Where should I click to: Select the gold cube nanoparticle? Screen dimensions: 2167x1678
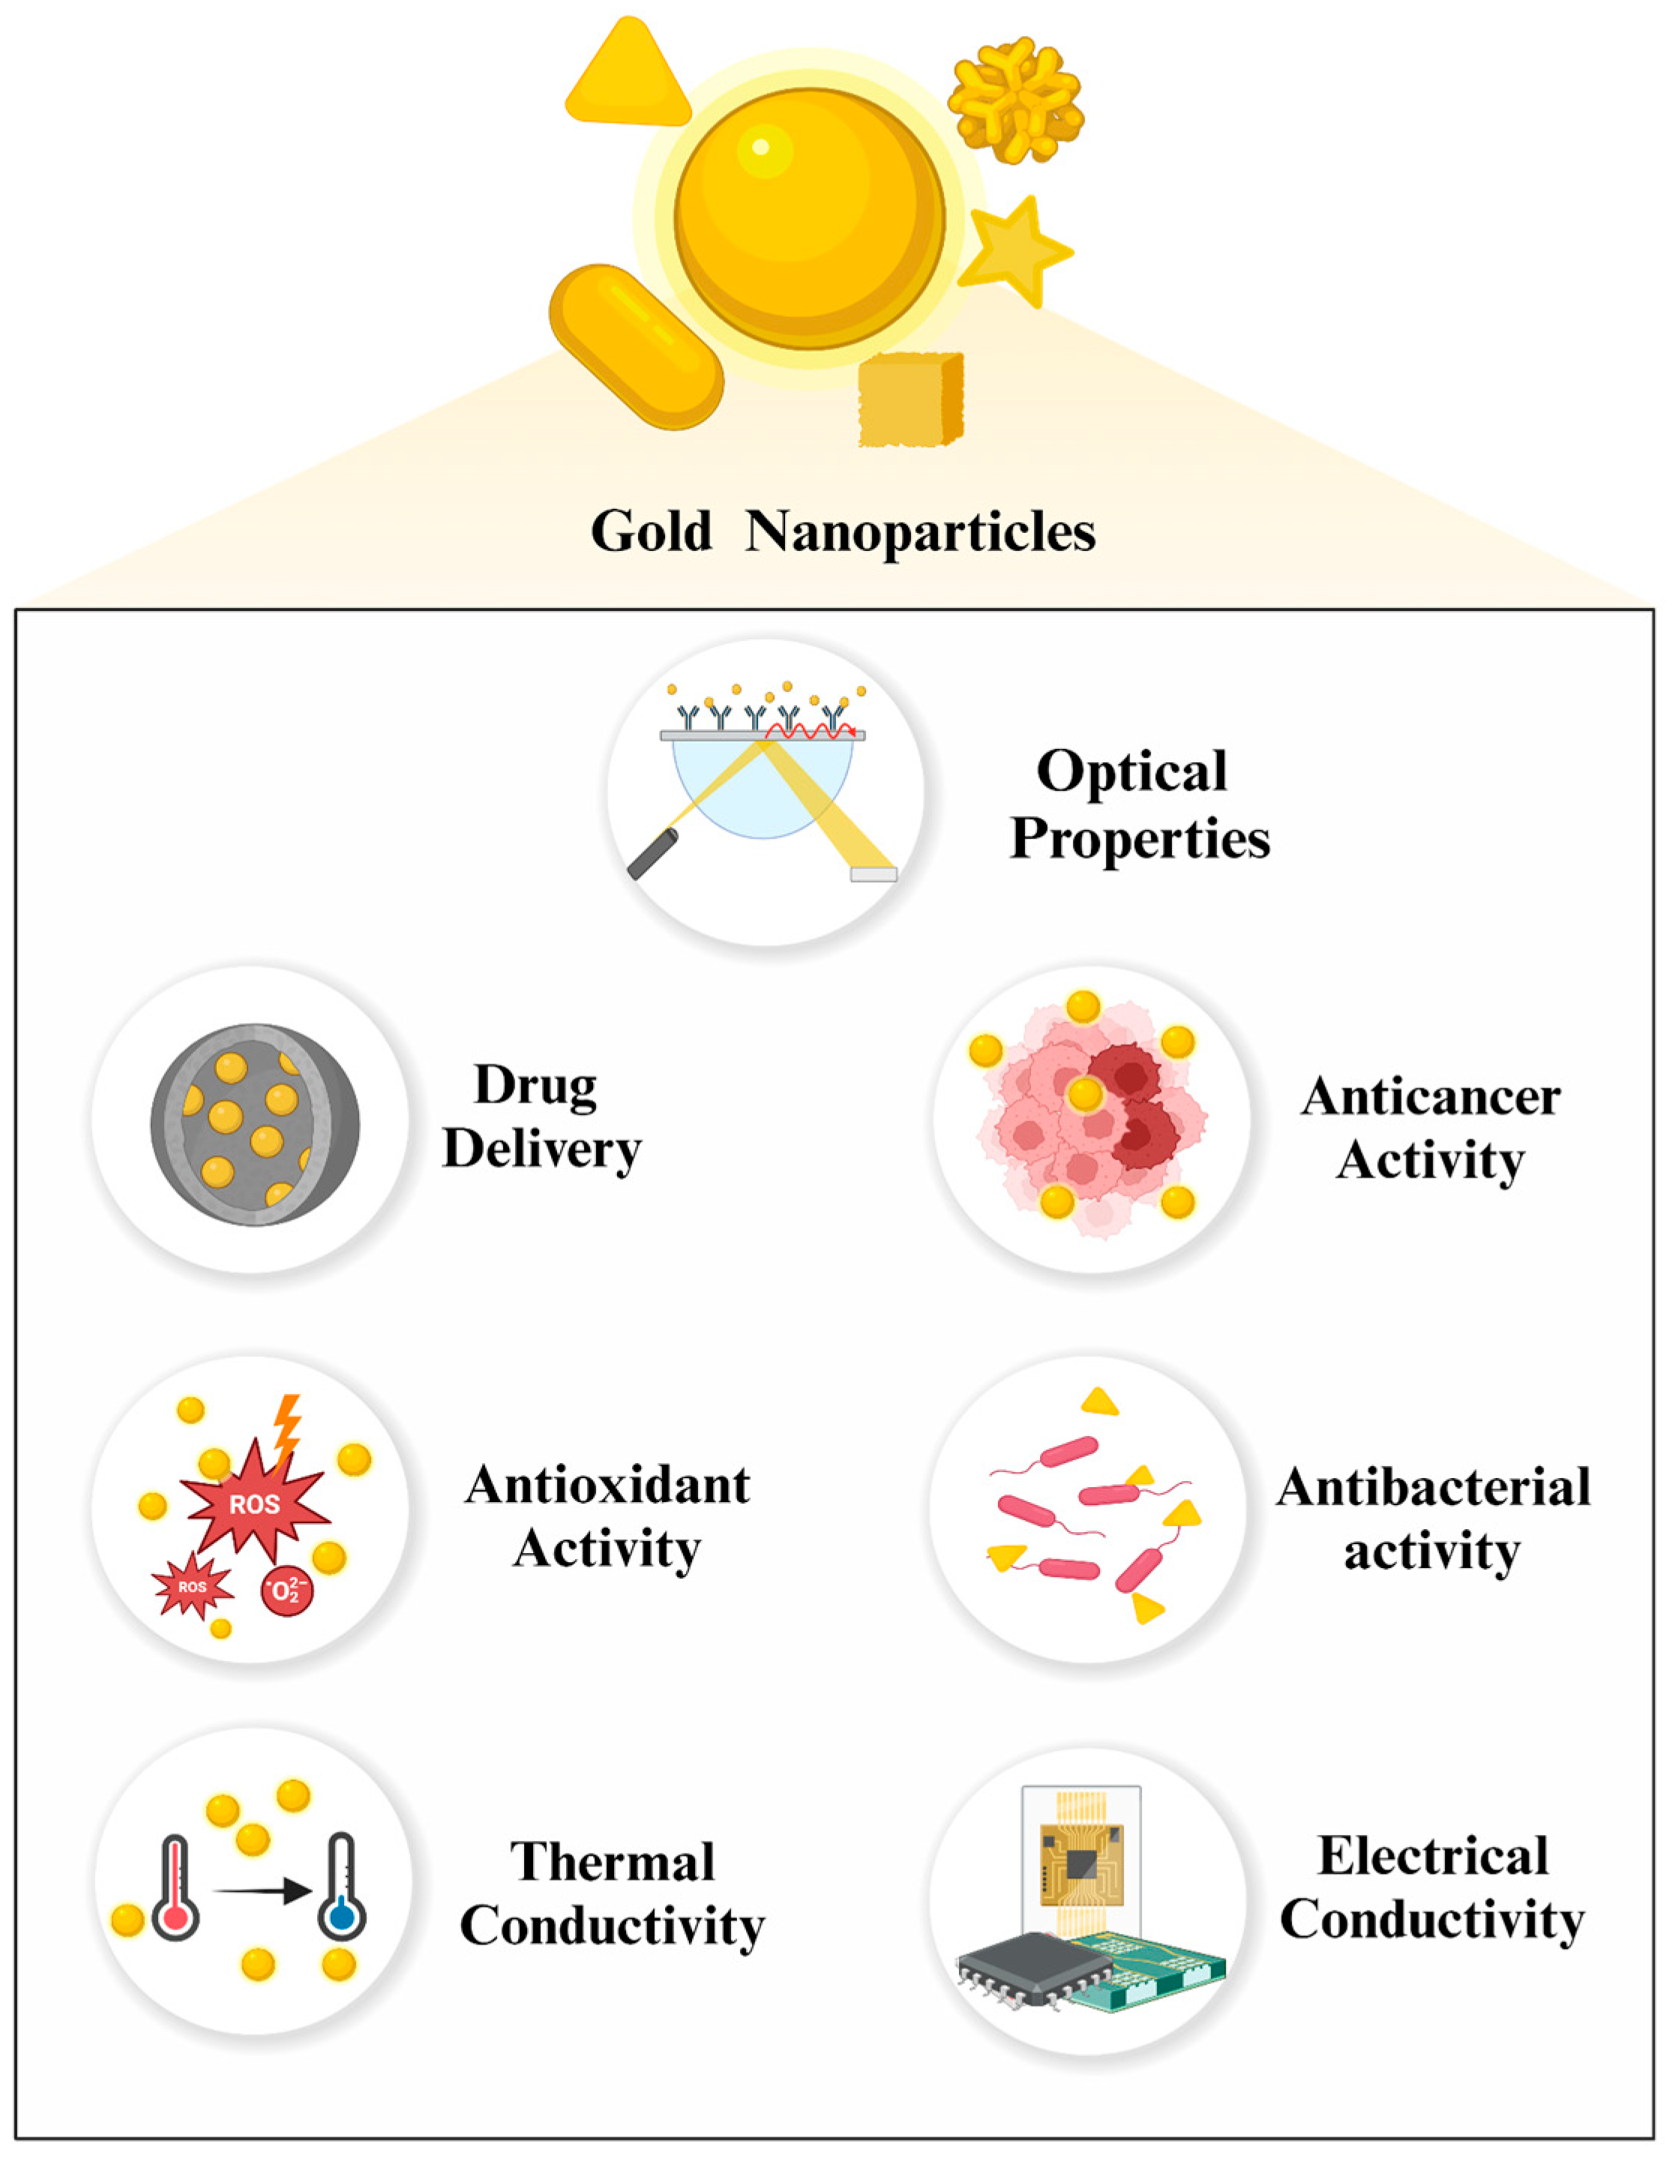(909, 399)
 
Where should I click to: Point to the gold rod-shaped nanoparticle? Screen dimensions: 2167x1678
(635, 346)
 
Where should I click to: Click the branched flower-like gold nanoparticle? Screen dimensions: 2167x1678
(1015, 99)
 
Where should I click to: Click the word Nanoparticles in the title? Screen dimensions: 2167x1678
(920, 532)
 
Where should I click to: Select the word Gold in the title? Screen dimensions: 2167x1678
(651, 532)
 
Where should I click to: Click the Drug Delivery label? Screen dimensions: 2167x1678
(541, 1118)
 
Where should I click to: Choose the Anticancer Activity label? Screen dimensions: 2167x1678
(1430, 1128)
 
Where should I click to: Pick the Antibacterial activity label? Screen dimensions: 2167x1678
(1432, 1518)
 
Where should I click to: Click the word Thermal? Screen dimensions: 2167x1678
(613, 1863)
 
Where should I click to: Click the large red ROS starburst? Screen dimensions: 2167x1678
(254, 1504)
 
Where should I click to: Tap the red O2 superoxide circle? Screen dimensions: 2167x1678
(286, 1591)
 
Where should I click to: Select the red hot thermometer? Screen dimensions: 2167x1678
(175, 1890)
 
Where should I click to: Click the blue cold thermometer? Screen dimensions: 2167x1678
(341, 1890)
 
